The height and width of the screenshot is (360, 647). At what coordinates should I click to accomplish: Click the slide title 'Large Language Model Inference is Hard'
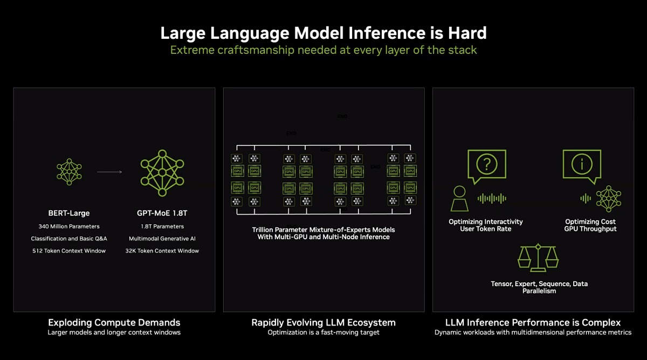[x=323, y=33]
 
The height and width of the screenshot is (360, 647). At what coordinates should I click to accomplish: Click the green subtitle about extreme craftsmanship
[x=323, y=50]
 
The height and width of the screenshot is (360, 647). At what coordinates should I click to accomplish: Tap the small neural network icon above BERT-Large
[x=69, y=172]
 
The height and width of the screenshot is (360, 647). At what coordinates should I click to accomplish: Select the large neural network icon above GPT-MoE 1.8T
[x=162, y=172]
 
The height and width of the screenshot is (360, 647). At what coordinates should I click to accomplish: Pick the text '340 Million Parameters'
[x=69, y=226]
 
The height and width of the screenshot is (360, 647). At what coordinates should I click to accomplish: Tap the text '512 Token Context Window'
[x=69, y=251]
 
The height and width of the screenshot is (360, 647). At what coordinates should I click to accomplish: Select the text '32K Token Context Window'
[x=162, y=251]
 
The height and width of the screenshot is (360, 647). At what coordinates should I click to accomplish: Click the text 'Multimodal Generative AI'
[x=162, y=238]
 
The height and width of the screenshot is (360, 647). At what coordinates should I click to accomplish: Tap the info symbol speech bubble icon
[x=582, y=164]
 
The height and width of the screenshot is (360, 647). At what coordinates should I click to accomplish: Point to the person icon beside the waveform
[x=459, y=198]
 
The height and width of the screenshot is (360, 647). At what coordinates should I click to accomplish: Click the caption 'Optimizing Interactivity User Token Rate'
[x=486, y=225]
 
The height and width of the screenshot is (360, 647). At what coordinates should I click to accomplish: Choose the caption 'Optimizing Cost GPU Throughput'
[x=590, y=225]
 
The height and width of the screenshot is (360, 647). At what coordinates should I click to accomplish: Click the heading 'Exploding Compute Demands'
[x=114, y=323]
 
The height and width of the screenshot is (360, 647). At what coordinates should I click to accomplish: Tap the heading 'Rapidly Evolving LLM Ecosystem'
[x=323, y=323]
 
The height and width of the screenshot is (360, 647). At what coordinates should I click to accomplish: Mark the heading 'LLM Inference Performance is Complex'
[x=533, y=323]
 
